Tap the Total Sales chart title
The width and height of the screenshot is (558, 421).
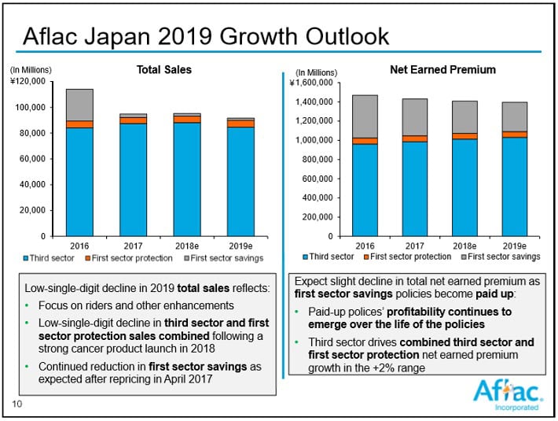tap(164, 70)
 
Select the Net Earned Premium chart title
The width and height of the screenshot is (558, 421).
tap(442, 70)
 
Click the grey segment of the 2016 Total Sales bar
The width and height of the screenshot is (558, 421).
tap(79, 105)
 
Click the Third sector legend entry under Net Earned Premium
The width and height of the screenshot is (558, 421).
tap(329, 257)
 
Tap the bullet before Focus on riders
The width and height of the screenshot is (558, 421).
tap(29, 305)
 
